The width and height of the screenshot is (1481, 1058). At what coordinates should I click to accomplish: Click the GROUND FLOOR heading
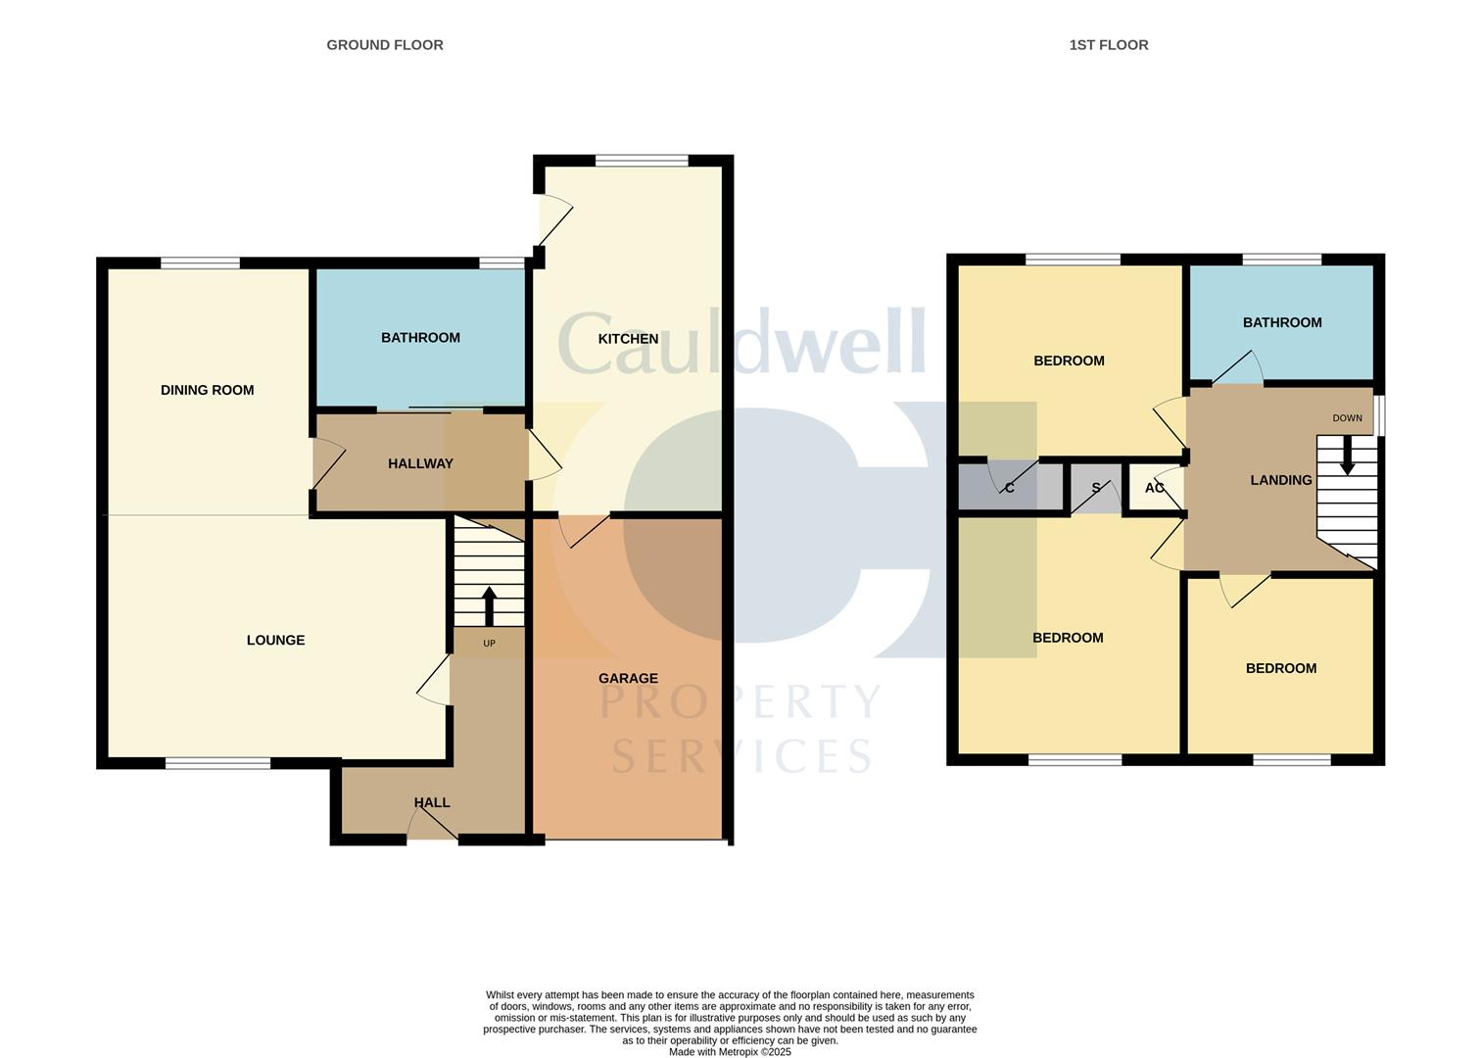(x=385, y=45)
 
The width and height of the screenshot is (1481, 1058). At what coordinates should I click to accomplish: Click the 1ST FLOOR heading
(x=1109, y=45)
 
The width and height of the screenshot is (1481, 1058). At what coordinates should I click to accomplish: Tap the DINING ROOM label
(x=207, y=390)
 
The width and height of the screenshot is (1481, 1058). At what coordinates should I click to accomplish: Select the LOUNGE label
(x=275, y=640)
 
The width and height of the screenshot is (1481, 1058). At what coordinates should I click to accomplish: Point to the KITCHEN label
(x=628, y=339)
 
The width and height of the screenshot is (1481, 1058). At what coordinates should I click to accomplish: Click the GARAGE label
(x=628, y=678)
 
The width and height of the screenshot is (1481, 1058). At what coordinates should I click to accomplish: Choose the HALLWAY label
(x=420, y=463)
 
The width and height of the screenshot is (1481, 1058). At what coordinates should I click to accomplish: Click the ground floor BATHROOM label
(x=420, y=338)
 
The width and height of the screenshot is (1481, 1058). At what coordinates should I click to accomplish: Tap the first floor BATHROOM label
(x=1282, y=322)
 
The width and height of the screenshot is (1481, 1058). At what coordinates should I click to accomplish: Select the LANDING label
(x=1280, y=480)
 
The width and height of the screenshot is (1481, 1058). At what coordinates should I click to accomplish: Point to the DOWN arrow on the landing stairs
(x=1347, y=456)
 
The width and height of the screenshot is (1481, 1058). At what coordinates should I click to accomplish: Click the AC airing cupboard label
(x=1155, y=488)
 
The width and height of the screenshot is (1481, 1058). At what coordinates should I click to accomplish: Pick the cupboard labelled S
(x=1095, y=488)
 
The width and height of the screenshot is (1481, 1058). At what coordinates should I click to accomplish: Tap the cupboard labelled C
(x=1009, y=488)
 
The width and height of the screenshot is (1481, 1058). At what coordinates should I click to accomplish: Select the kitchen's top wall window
(x=642, y=161)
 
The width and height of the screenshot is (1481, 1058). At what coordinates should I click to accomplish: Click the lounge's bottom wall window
(x=217, y=763)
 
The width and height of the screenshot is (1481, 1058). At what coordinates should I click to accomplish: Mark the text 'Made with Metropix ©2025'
(x=730, y=1052)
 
